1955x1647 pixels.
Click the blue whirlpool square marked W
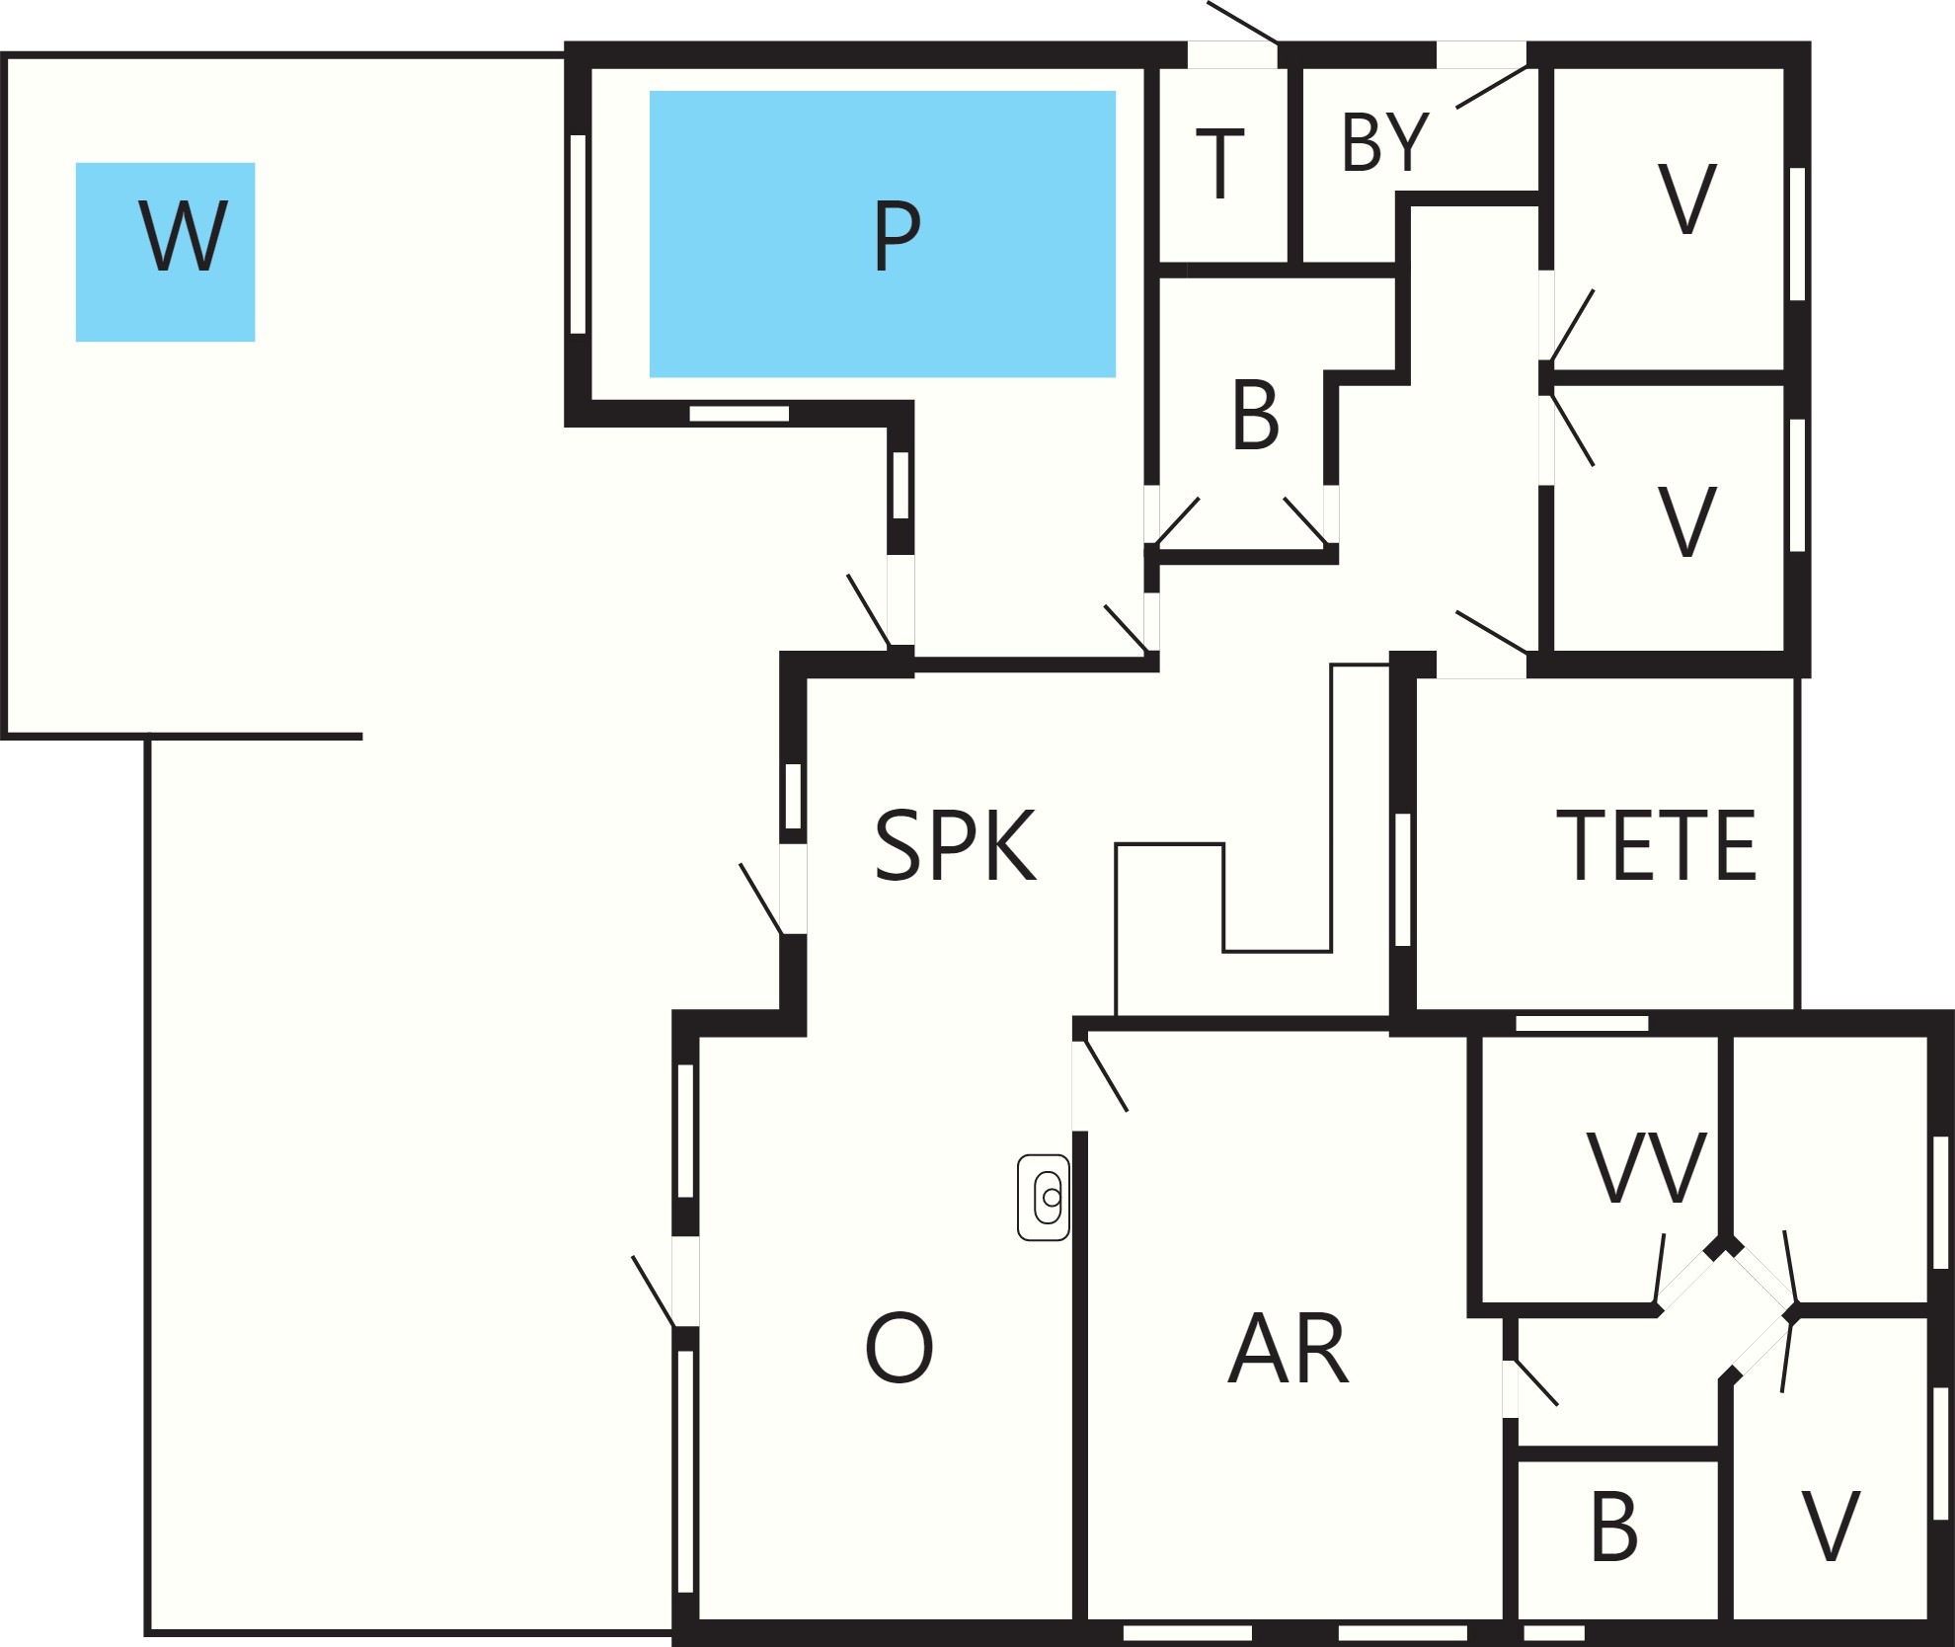pyautogui.click(x=166, y=252)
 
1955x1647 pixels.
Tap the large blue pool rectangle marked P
pyautogui.click(x=883, y=234)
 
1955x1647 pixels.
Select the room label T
pyautogui.click(x=1220, y=164)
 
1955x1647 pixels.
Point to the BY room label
pyautogui.click(x=1385, y=143)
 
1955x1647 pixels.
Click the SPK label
pyautogui.click(x=956, y=845)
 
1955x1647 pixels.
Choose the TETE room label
pyautogui.click(x=1656, y=845)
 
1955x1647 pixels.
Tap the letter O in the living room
pyautogui.click(x=899, y=1348)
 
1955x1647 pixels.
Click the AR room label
pyautogui.click(x=1289, y=1349)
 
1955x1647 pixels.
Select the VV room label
pyautogui.click(x=1647, y=1168)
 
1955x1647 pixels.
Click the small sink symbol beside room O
pyautogui.click(x=1044, y=1197)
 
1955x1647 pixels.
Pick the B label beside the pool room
pyautogui.click(x=1255, y=416)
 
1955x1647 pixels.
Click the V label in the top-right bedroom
pyautogui.click(x=1687, y=198)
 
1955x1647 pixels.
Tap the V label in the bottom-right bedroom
pyautogui.click(x=1832, y=1526)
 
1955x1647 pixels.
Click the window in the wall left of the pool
pyautogui.click(x=579, y=234)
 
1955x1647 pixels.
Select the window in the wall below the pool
pyautogui.click(x=740, y=414)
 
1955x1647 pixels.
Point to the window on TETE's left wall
pyautogui.click(x=1403, y=880)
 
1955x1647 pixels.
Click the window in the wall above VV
pyautogui.click(x=1582, y=1023)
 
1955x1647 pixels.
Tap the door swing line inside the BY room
pyautogui.click(x=1492, y=87)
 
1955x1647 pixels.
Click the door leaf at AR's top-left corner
pyautogui.click(x=1106, y=1075)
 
